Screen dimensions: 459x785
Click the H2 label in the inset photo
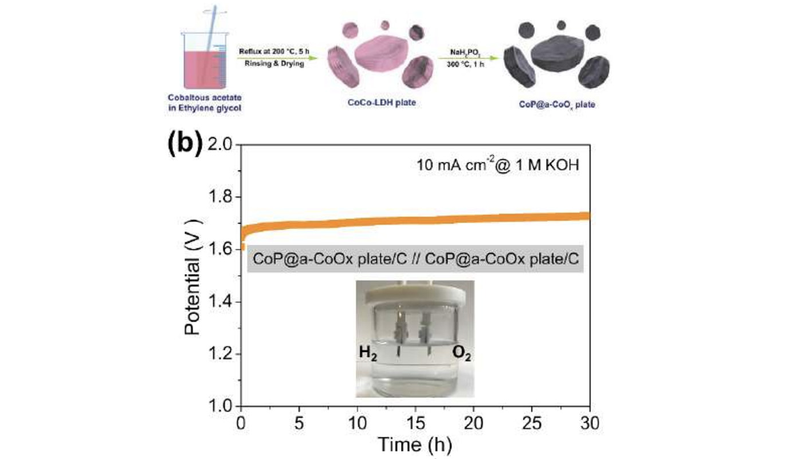coord(368,354)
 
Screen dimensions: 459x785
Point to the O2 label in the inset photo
coord(462,354)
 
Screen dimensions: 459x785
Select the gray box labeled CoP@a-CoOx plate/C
coord(415,261)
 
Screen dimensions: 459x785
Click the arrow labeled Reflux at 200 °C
coord(271,57)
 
